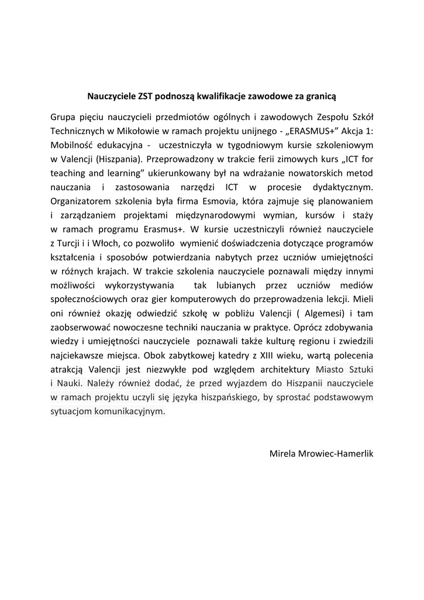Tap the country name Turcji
pos(72,243)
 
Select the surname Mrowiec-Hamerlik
pos(338,454)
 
